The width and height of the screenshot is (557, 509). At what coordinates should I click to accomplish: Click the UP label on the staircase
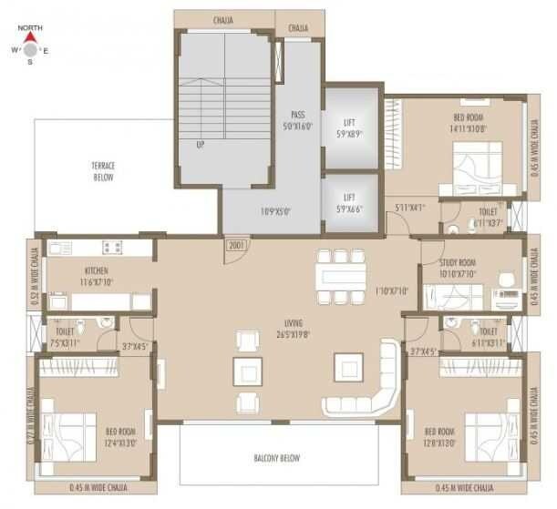(199, 144)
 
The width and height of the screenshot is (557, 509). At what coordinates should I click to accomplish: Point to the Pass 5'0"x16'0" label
(297, 120)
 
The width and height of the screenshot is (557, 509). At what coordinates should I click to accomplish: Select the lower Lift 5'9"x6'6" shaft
(349, 202)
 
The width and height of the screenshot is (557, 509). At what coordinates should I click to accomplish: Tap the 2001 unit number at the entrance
(235, 247)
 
